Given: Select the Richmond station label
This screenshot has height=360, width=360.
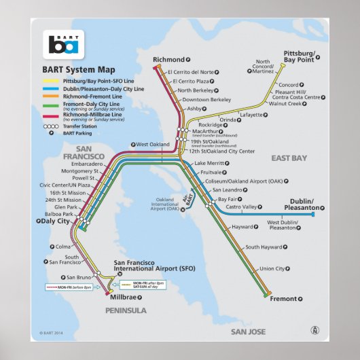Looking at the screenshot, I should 168,60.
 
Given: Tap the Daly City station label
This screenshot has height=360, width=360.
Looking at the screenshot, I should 54,221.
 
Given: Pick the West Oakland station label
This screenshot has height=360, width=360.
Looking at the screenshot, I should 153,145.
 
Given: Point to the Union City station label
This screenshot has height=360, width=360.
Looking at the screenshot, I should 272,268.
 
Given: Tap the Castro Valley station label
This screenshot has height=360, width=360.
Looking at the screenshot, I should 241,206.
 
